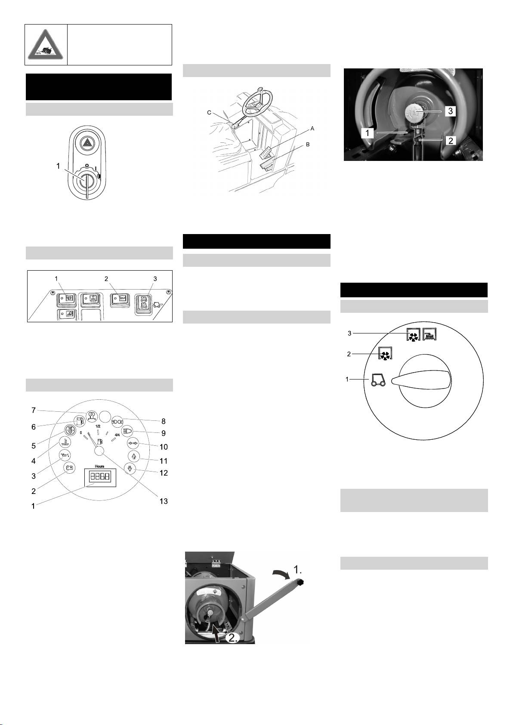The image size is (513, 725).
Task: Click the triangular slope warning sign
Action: coord(46,45)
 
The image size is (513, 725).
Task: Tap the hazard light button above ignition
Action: coord(87,143)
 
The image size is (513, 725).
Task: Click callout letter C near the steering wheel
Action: coord(209,112)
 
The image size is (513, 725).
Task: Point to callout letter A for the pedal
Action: coord(312,129)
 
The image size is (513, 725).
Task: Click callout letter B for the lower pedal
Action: coord(308,144)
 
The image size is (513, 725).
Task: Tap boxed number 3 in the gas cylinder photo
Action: coord(450,111)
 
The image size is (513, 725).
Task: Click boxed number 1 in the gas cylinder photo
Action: coord(368,133)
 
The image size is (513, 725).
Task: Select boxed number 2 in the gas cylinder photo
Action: coord(451,140)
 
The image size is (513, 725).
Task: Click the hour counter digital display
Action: coord(100,477)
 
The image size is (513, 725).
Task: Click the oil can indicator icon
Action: coord(65,456)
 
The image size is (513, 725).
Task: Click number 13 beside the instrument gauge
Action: coord(164,501)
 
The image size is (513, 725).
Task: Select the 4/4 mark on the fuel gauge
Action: coord(117,435)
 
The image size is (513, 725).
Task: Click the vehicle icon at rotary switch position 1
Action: coord(378,380)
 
